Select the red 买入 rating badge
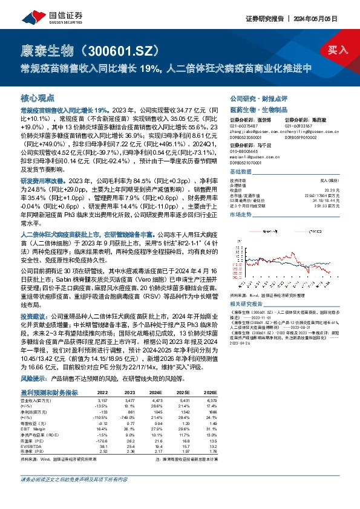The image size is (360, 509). [x=337, y=50]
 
